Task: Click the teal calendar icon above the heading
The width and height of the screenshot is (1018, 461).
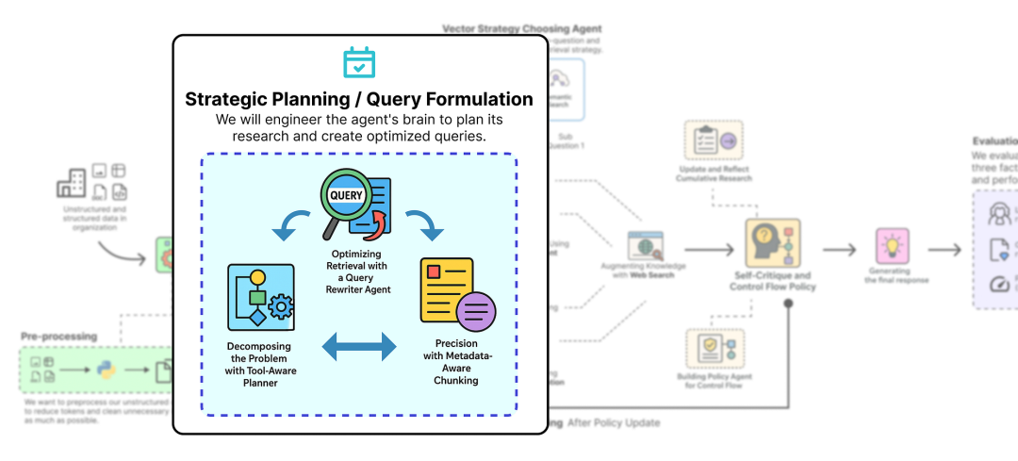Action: pos(359,62)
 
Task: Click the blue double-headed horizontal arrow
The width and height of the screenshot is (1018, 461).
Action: pos(359,347)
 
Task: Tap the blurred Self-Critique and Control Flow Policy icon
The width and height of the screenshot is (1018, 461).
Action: pos(773,243)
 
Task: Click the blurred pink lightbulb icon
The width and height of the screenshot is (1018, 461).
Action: pos(892,247)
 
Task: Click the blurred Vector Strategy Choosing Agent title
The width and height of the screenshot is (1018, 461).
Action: pos(522,29)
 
